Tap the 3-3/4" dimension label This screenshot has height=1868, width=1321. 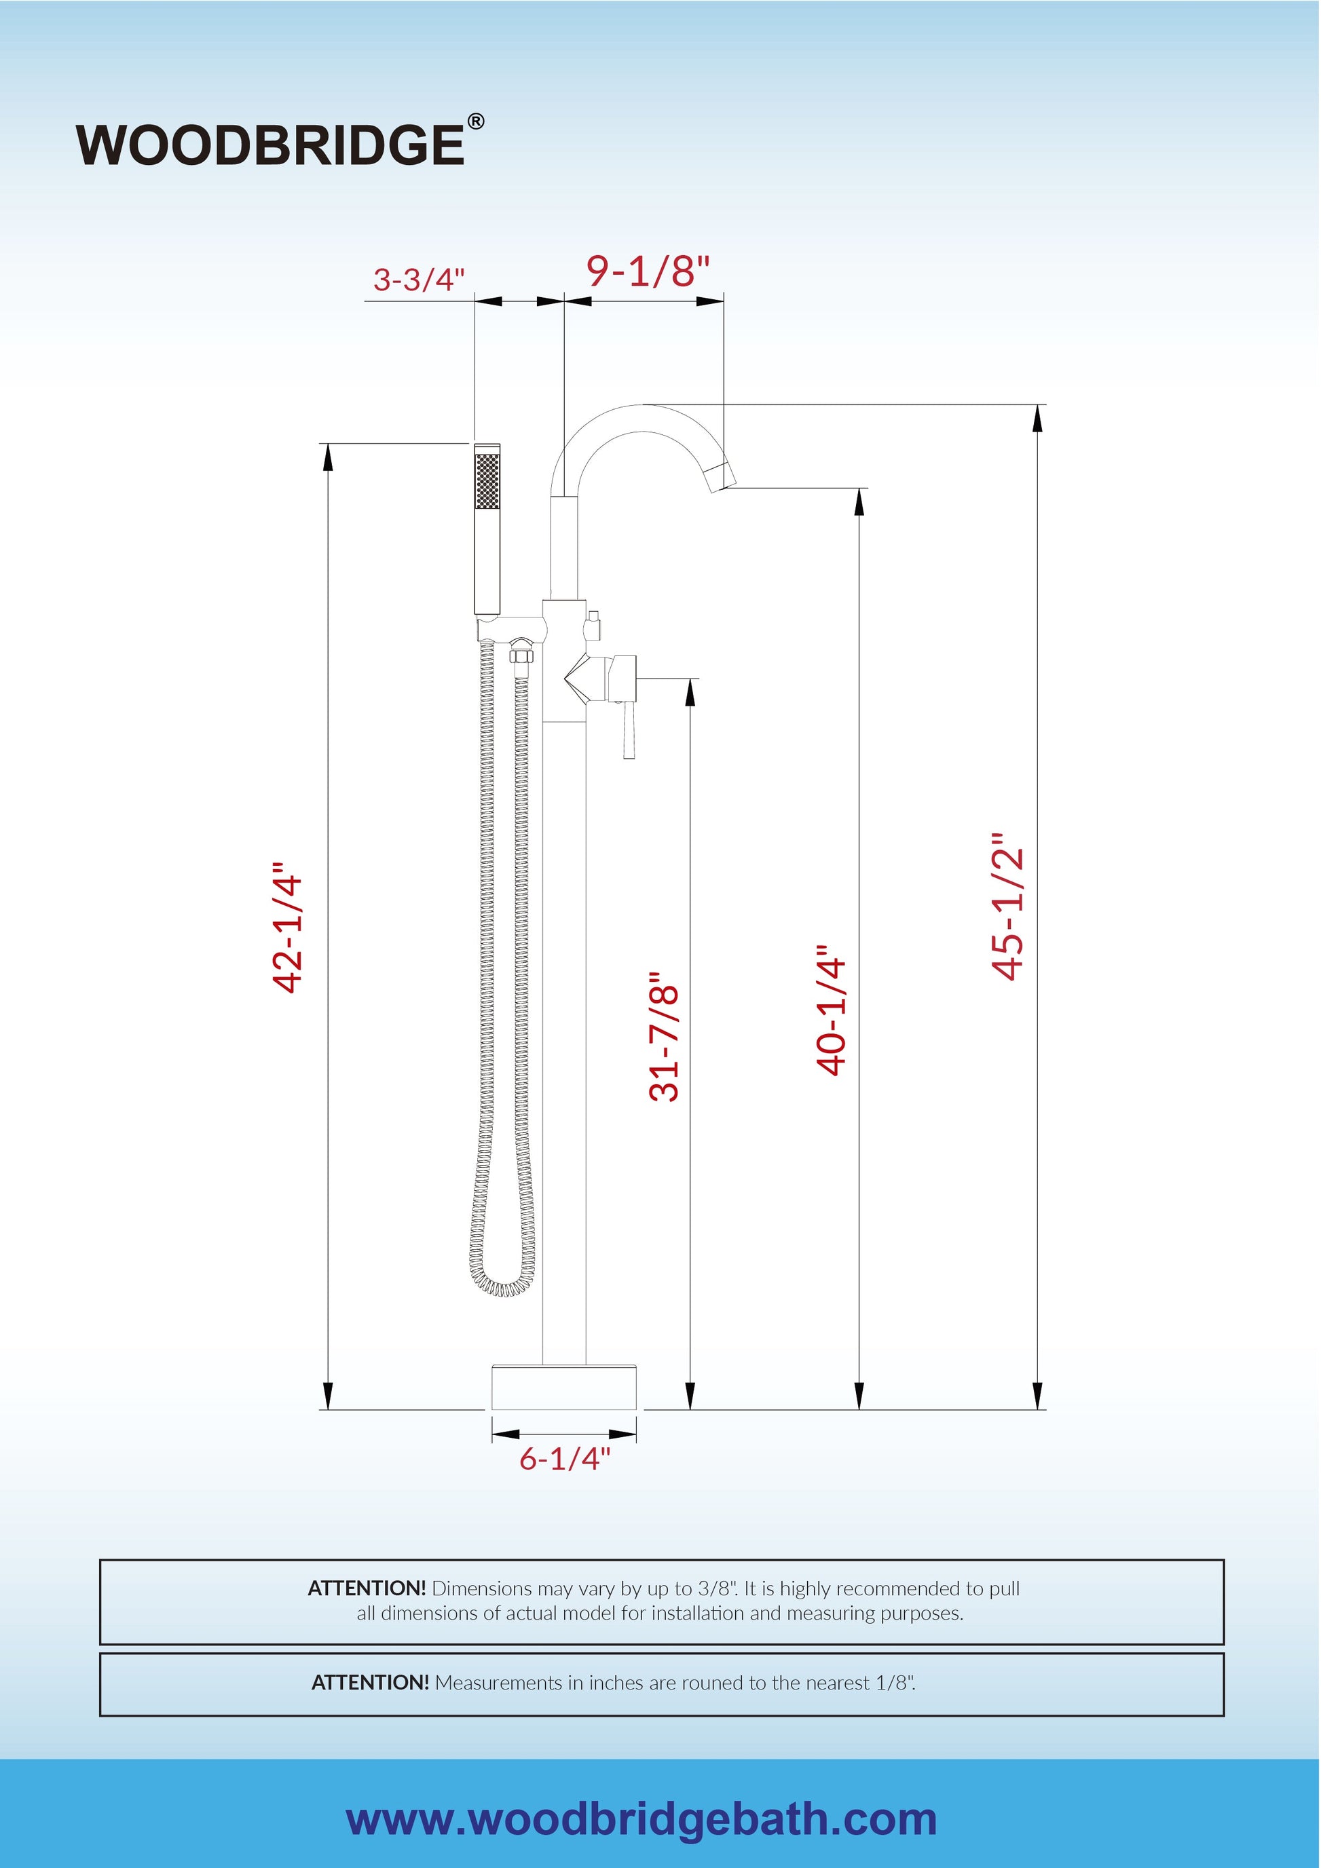(418, 279)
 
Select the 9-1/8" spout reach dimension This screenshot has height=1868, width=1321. (648, 271)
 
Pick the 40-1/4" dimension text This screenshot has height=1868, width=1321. (831, 1010)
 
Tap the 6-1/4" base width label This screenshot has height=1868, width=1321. (565, 1458)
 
